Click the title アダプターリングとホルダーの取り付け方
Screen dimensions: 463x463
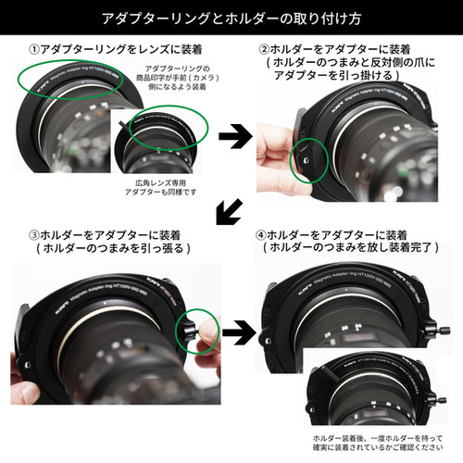click(x=231, y=18)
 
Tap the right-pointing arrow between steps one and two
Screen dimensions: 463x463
click(x=232, y=135)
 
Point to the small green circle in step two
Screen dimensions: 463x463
click(x=309, y=157)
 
